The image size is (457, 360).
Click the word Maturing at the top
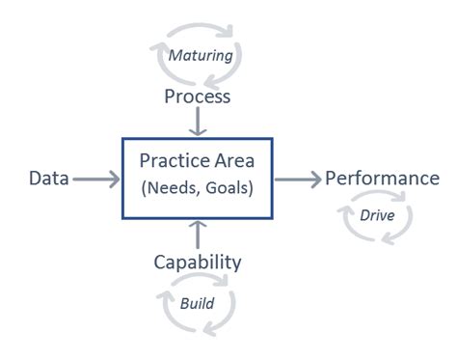(201, 55)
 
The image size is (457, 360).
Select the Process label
(197, 97)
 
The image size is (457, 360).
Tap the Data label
(48, 179)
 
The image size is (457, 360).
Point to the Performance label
(382, 179)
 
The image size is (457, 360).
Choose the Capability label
(197, 262)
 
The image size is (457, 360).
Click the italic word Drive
(376, 214)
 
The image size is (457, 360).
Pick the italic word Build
(197, 302)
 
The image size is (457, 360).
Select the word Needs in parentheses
(174, 188)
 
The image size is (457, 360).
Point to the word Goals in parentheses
(228, 188)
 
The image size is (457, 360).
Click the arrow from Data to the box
(96, 179)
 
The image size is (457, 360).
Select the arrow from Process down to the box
(197, 124)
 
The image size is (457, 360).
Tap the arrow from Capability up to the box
(197, 235)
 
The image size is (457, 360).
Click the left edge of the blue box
(122, 179)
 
